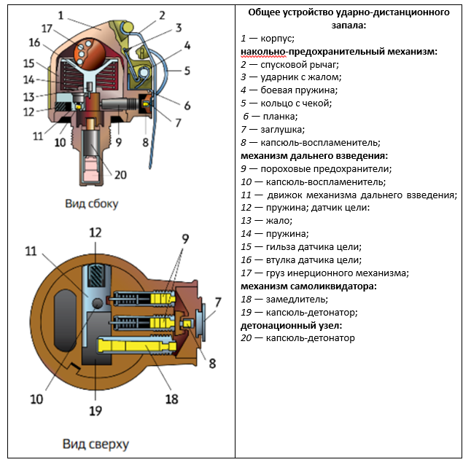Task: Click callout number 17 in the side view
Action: point(47,28)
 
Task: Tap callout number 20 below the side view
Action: point(120,174)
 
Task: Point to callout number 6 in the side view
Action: point(187,105)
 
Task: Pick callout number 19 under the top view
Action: point(96,410)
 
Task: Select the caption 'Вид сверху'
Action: point(96,444)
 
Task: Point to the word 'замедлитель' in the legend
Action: point(298,300)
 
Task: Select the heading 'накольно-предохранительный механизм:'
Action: point(338,52)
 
